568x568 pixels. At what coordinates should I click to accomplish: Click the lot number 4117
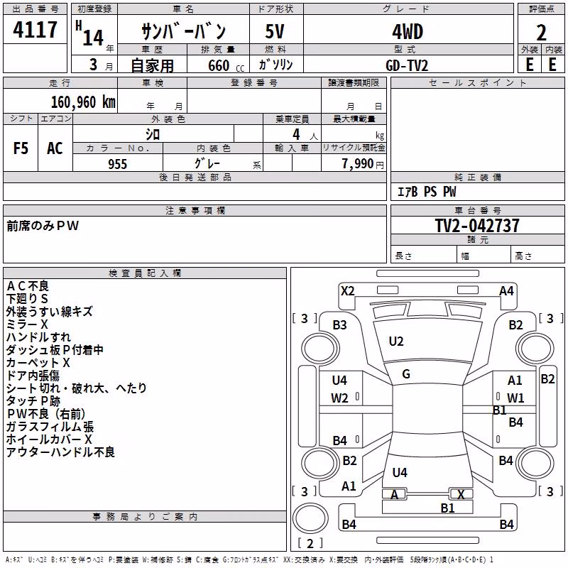(x=35, y=30)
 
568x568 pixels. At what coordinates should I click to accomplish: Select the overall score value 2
(x=541, y=33)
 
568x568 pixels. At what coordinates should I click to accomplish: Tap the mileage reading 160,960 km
(x=83, y=102)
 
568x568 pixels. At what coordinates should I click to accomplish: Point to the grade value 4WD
(x=408, y=32)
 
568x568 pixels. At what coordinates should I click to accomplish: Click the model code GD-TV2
(x=407, y=65)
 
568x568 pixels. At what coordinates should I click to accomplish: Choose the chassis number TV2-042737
(x=477, y=226)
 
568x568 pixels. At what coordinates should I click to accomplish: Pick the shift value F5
(x=21, y=148)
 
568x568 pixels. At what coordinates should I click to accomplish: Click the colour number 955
(x=117, y=164)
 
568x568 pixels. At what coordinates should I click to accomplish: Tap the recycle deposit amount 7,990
(x=358, y=164)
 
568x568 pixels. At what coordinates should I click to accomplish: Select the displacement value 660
(x=219, y=65)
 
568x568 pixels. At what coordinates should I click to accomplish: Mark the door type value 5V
(x=275, y=31)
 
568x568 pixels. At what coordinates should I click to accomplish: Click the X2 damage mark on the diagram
(x=347, y=291)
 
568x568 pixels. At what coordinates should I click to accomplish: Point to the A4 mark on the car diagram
(x=506, y=291)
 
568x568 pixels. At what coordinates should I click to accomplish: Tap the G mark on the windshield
(x=406, y=374)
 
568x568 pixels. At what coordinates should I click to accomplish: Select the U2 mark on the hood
(x=396, y=342)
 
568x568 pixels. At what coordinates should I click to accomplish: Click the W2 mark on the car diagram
(x=339, y=398)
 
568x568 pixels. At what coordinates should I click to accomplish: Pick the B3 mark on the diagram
(x=340, y=325)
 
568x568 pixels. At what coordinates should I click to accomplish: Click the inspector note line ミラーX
(x=27, y=324)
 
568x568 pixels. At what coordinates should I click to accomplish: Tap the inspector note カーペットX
(x=38, y=363)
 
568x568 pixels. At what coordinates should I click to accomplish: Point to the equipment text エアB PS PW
(x=427, y=192)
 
